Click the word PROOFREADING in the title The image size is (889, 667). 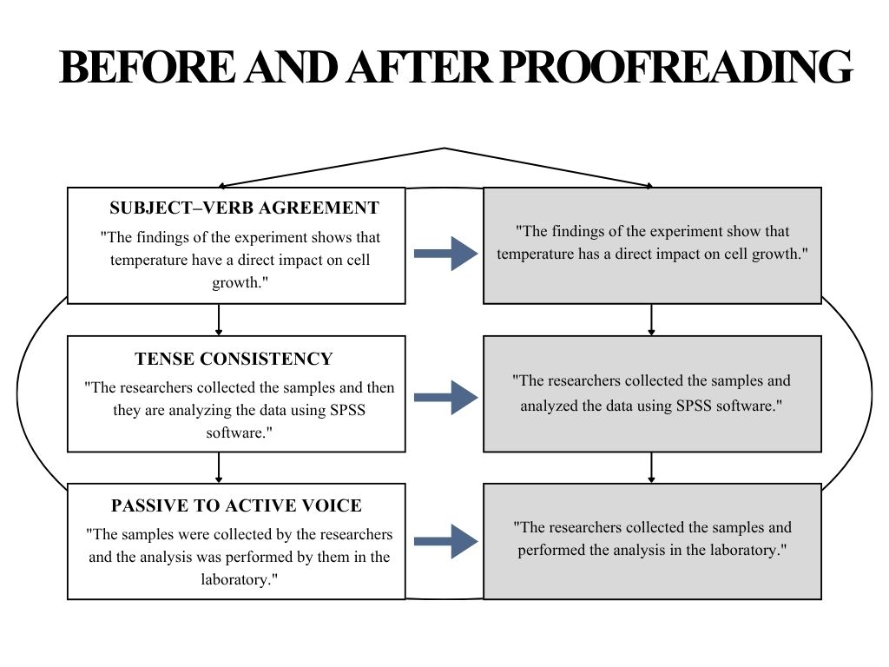click(677, 67)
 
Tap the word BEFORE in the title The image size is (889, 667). click(147, 67)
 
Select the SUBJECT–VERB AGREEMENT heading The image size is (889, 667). click(244, 208)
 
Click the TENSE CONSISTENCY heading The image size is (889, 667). click(234, 359)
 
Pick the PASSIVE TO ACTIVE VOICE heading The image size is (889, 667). click(236, 505)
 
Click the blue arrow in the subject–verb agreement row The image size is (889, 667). click(446, 254)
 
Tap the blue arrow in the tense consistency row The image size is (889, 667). click(446, 398)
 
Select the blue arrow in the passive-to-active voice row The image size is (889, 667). click(446, 542)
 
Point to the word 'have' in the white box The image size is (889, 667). click(207, 260)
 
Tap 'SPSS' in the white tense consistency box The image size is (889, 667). click(347, 410)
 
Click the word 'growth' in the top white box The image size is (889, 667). click(236, 282)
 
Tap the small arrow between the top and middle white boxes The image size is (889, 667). click(219, 320)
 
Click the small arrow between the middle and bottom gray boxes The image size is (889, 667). click(651, 468)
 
